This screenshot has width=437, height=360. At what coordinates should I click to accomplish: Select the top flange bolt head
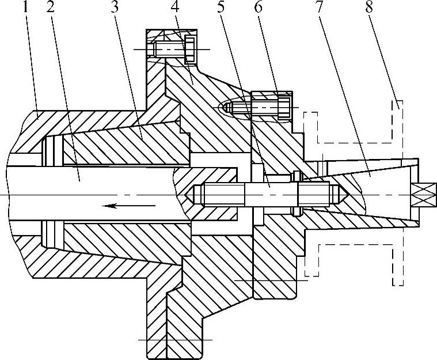coord(191,50)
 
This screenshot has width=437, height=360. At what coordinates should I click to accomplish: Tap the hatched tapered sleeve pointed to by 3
coord(138,144)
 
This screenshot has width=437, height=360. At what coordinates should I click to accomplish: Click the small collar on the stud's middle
coord(297,194)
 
